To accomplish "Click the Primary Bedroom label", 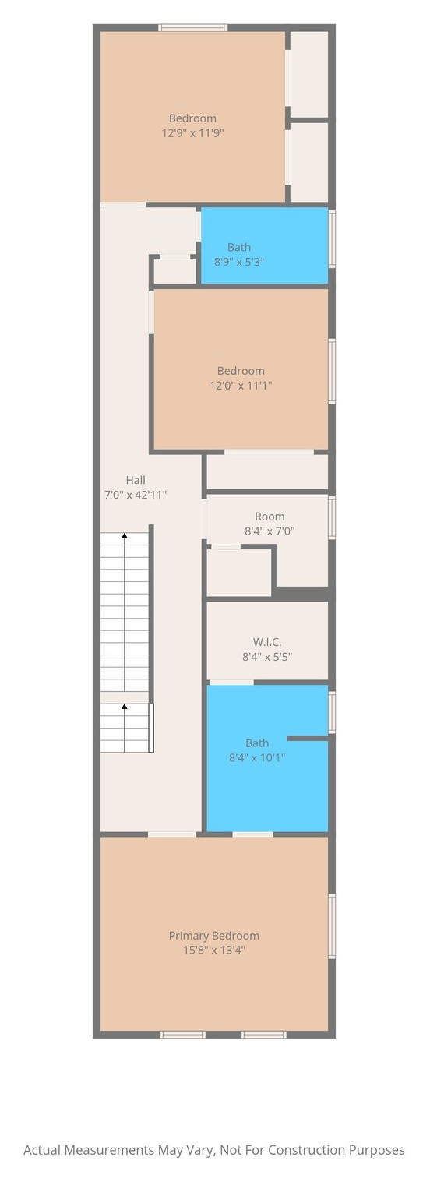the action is click(x=213, y=936).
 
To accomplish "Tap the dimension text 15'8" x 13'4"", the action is click(x=213, y=951).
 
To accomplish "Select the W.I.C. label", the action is click(x=267, y=642).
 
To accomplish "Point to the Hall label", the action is click(x=136, y=480).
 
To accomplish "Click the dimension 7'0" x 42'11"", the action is click(x=136, y=495).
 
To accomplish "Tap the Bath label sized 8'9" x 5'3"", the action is click(x=239, y=247).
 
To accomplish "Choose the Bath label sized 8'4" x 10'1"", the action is click(x=257, y=743).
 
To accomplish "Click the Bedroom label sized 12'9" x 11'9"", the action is click(x=192, y=118).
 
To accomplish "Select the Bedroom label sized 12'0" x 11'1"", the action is click(x=241, y=371).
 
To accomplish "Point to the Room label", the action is click(x=270, y=517).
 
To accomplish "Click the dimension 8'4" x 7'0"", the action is click(x=270, y=531).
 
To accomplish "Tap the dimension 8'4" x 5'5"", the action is click(x=267, y=657).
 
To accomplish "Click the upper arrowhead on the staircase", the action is click(x=125, y=535).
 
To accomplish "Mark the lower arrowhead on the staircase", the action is click(x=125, y=706).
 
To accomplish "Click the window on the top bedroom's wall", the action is click(x=194, y=27).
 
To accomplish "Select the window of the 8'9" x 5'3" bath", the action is click(x=332, y=238).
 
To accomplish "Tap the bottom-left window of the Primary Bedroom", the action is click(x=182, y=1035).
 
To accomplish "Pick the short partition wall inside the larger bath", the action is click(x=308, y=738).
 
